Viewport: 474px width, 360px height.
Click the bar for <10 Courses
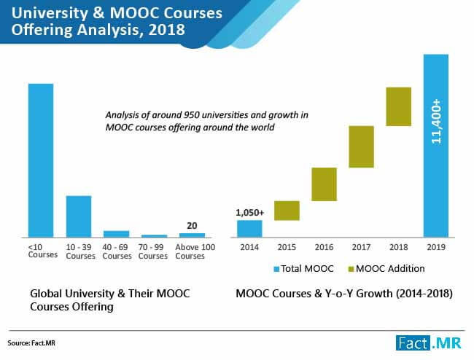[41, 160]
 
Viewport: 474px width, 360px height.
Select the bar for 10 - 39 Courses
[79, 216]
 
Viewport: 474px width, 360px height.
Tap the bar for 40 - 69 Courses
[116, 234]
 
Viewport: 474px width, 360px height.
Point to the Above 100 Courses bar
[192, 235]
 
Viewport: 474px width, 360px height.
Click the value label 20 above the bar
[192, 226]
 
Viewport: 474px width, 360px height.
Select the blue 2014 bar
[249, 229]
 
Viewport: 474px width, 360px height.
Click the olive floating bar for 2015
[287, 211]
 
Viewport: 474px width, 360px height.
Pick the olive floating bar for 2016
[324, 184]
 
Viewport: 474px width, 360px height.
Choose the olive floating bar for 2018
[399, 106]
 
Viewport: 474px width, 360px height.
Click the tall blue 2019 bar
[436, 146]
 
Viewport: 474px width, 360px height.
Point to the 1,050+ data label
[249, 213]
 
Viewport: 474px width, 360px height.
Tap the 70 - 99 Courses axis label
[153, 252]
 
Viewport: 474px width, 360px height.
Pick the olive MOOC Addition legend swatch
[352, 269]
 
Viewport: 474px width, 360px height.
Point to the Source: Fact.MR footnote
[34, 342]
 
